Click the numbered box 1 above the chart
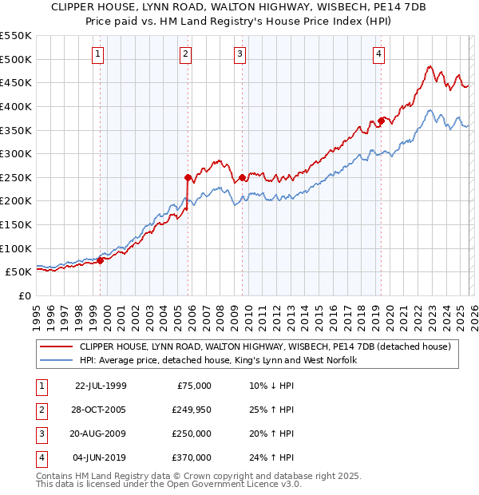(97, 54)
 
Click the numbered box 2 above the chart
(185, 54)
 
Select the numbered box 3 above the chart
(239, 54)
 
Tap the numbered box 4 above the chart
(378, 54)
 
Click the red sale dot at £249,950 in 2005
(188, 177)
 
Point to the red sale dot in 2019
(381, 121)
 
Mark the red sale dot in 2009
(242, 177)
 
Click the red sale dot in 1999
(101, 260)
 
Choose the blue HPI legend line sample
(56, 361)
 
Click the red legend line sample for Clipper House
(56, 346)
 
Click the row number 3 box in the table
(42, 434)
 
